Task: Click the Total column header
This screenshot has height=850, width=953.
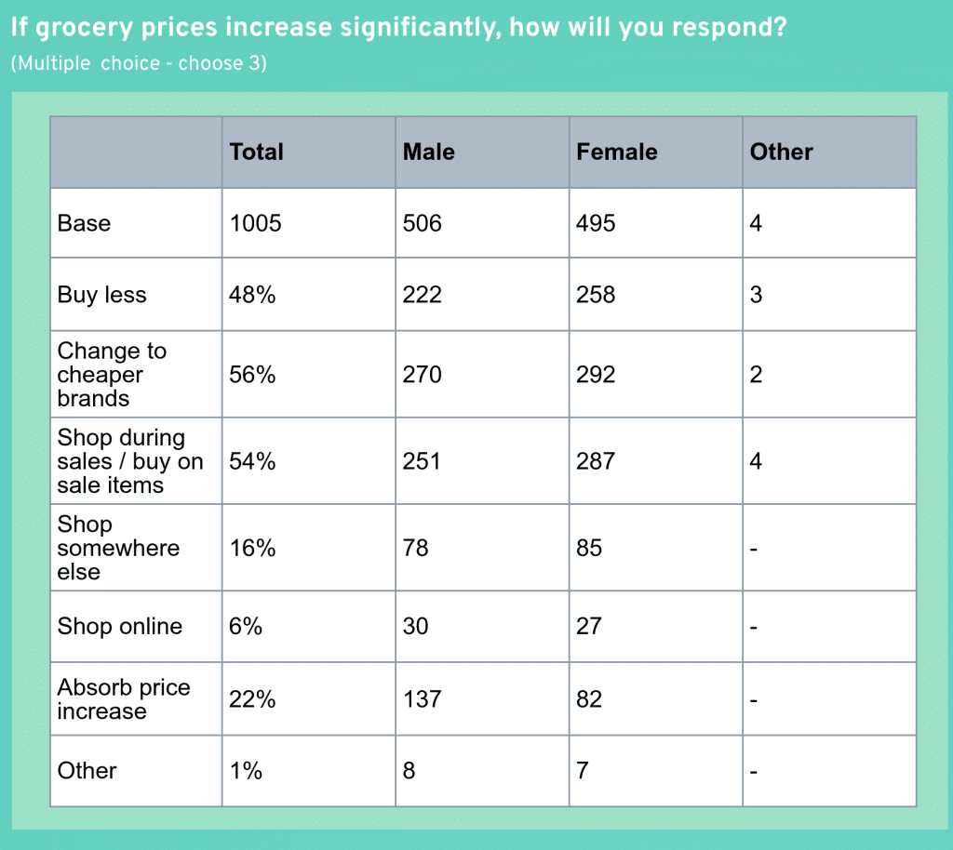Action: [256, 152]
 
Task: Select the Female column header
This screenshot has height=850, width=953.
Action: [616, 152]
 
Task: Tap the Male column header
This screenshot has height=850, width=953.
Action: [428, 152]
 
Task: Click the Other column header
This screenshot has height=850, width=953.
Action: [781, 152]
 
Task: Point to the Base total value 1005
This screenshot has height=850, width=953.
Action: [255, 223]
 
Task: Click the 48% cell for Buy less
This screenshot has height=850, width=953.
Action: [252, 295]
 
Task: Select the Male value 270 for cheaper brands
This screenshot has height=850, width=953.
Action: [423, 375]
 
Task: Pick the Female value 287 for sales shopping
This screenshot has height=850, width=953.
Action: [596, 461]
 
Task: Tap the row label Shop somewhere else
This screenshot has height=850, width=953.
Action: [117, 548]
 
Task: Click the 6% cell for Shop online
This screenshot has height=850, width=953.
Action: [246, 626]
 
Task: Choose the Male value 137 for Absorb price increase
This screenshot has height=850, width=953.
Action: [423, 699]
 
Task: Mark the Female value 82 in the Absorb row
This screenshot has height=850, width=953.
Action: [590, 699]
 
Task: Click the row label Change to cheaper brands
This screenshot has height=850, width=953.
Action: [112, 375]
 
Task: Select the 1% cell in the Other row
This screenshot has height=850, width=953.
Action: [246, 770]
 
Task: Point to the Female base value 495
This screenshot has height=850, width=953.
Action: [596, 223]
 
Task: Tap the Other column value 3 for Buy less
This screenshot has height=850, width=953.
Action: [756, 295]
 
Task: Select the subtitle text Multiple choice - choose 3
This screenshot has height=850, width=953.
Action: [139, 64]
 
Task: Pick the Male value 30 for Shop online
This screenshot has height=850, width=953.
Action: [416, 626]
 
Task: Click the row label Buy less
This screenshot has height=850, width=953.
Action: [101, 295]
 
